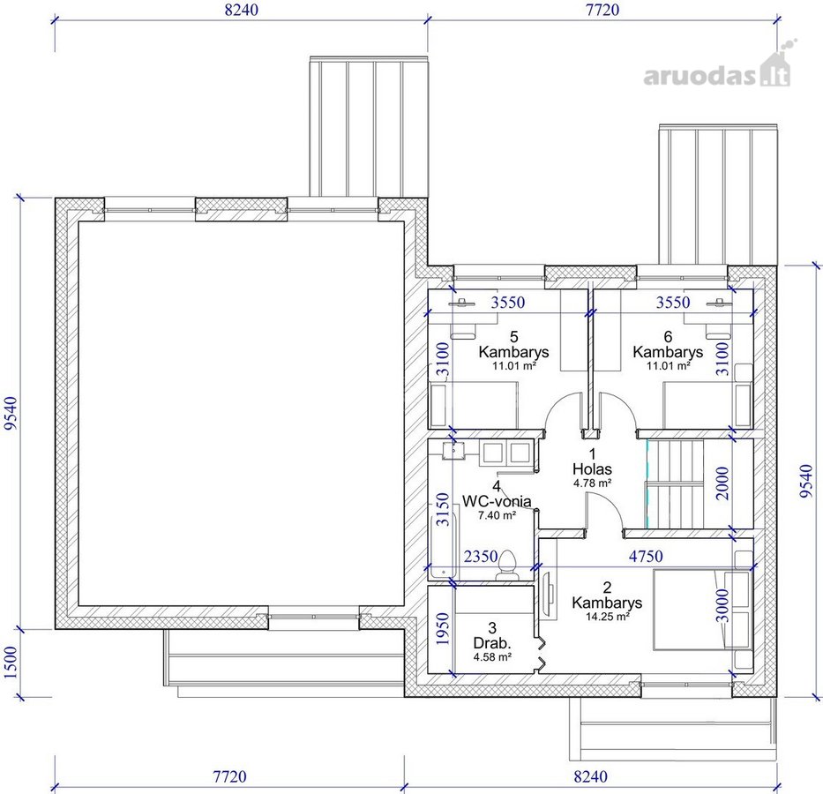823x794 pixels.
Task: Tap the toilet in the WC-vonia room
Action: [x=507, y=566]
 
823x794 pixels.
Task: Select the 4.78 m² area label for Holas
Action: [x=593, y=483]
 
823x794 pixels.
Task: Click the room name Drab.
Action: [x=492, y=643]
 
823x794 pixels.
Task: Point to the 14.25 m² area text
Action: [x=607, y=617]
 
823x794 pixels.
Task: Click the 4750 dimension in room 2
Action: [x=646, y=557]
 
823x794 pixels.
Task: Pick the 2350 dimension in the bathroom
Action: [x=480, y=557]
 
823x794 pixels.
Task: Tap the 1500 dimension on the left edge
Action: [x=11, y=663]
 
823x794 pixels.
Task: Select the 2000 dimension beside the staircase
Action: [x=722, y=483]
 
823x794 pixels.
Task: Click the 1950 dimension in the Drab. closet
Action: [x=443, y=629]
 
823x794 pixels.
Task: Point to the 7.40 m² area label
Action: [x=497, y=515]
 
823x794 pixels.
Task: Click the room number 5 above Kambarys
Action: [x=514, y=336]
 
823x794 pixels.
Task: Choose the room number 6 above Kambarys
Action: [x=668, y=336]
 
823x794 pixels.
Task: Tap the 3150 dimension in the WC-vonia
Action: [x=443, y=509]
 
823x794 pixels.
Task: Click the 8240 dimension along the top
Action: [x=242, y=10]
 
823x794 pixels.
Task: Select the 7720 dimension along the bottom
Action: [x=229, y=776]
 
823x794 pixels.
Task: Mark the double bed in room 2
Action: [x=702, y=610]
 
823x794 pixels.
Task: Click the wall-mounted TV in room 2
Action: [x=550, y=595]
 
